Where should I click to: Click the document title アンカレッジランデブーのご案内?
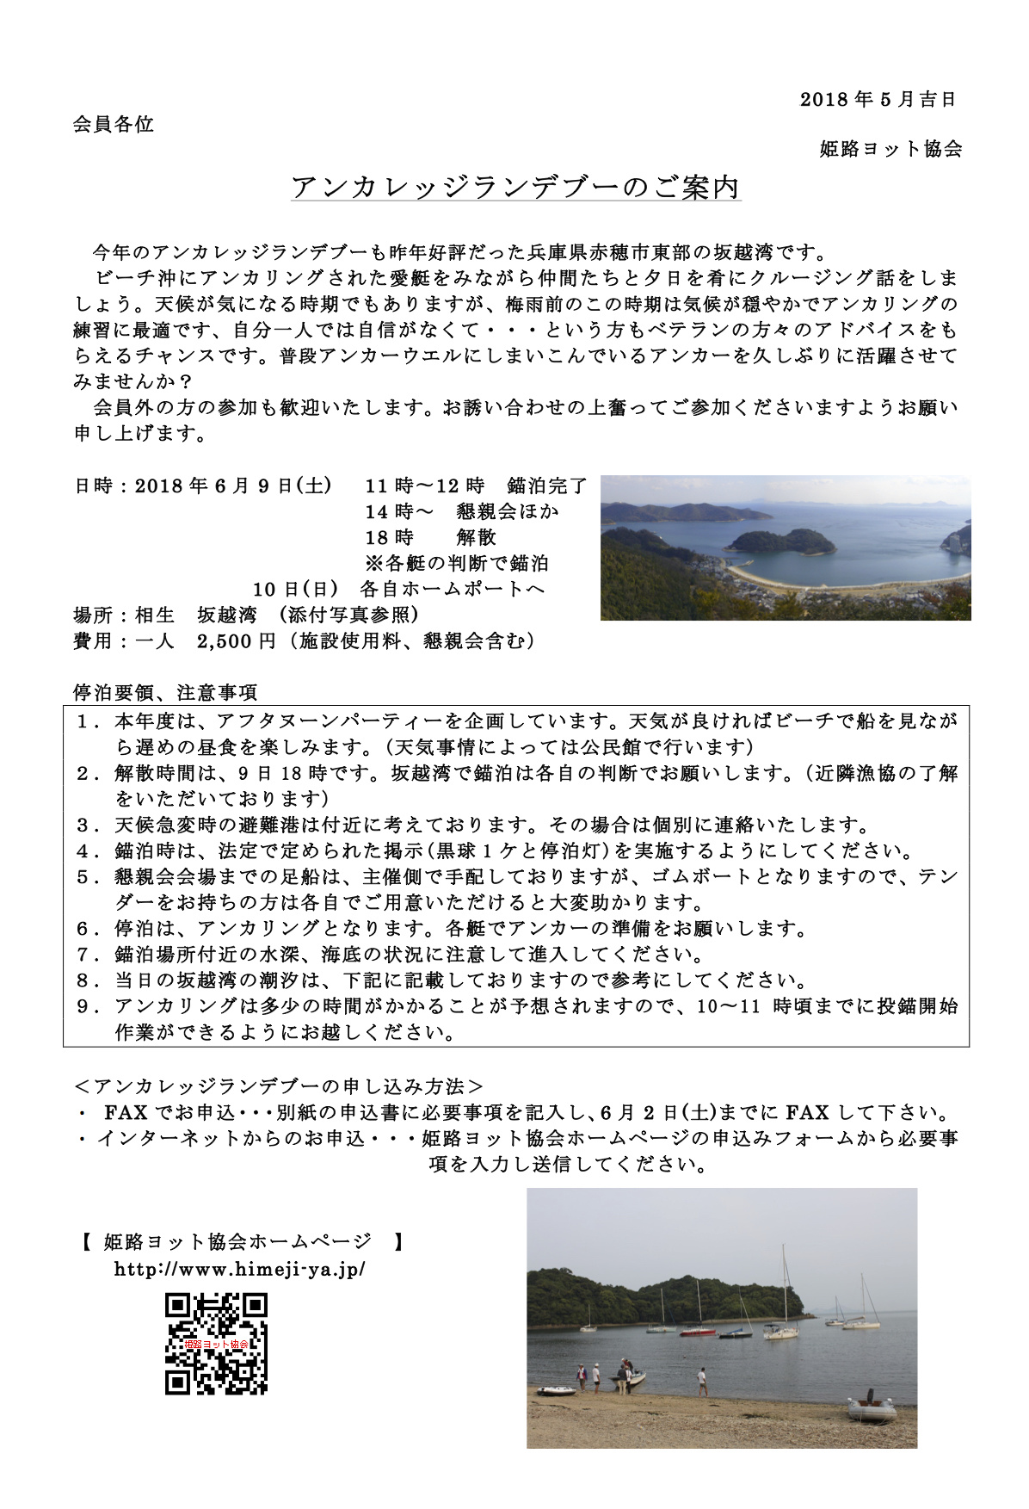pyautogui.click(x=515, y=187)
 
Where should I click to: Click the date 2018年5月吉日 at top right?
pyautogui.click(x=878, y=99)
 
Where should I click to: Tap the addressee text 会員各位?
pyautogui.click(x=113, y=124)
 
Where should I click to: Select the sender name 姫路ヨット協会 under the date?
pyautogui.click(x=890, y=149)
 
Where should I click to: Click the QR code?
pyautogui.click(x=216, y=1343)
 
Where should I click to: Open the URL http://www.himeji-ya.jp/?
pyautogui.click(x=240, y=1269)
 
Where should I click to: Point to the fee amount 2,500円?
pyautogui.click(x=236, y=641)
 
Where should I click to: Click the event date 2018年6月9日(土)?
pyautogui.click(x=233, y=485)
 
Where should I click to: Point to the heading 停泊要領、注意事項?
pyautogui.click(x=165, y=692)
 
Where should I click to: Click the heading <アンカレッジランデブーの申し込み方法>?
pyautogui.click(x=280, y=1086)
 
